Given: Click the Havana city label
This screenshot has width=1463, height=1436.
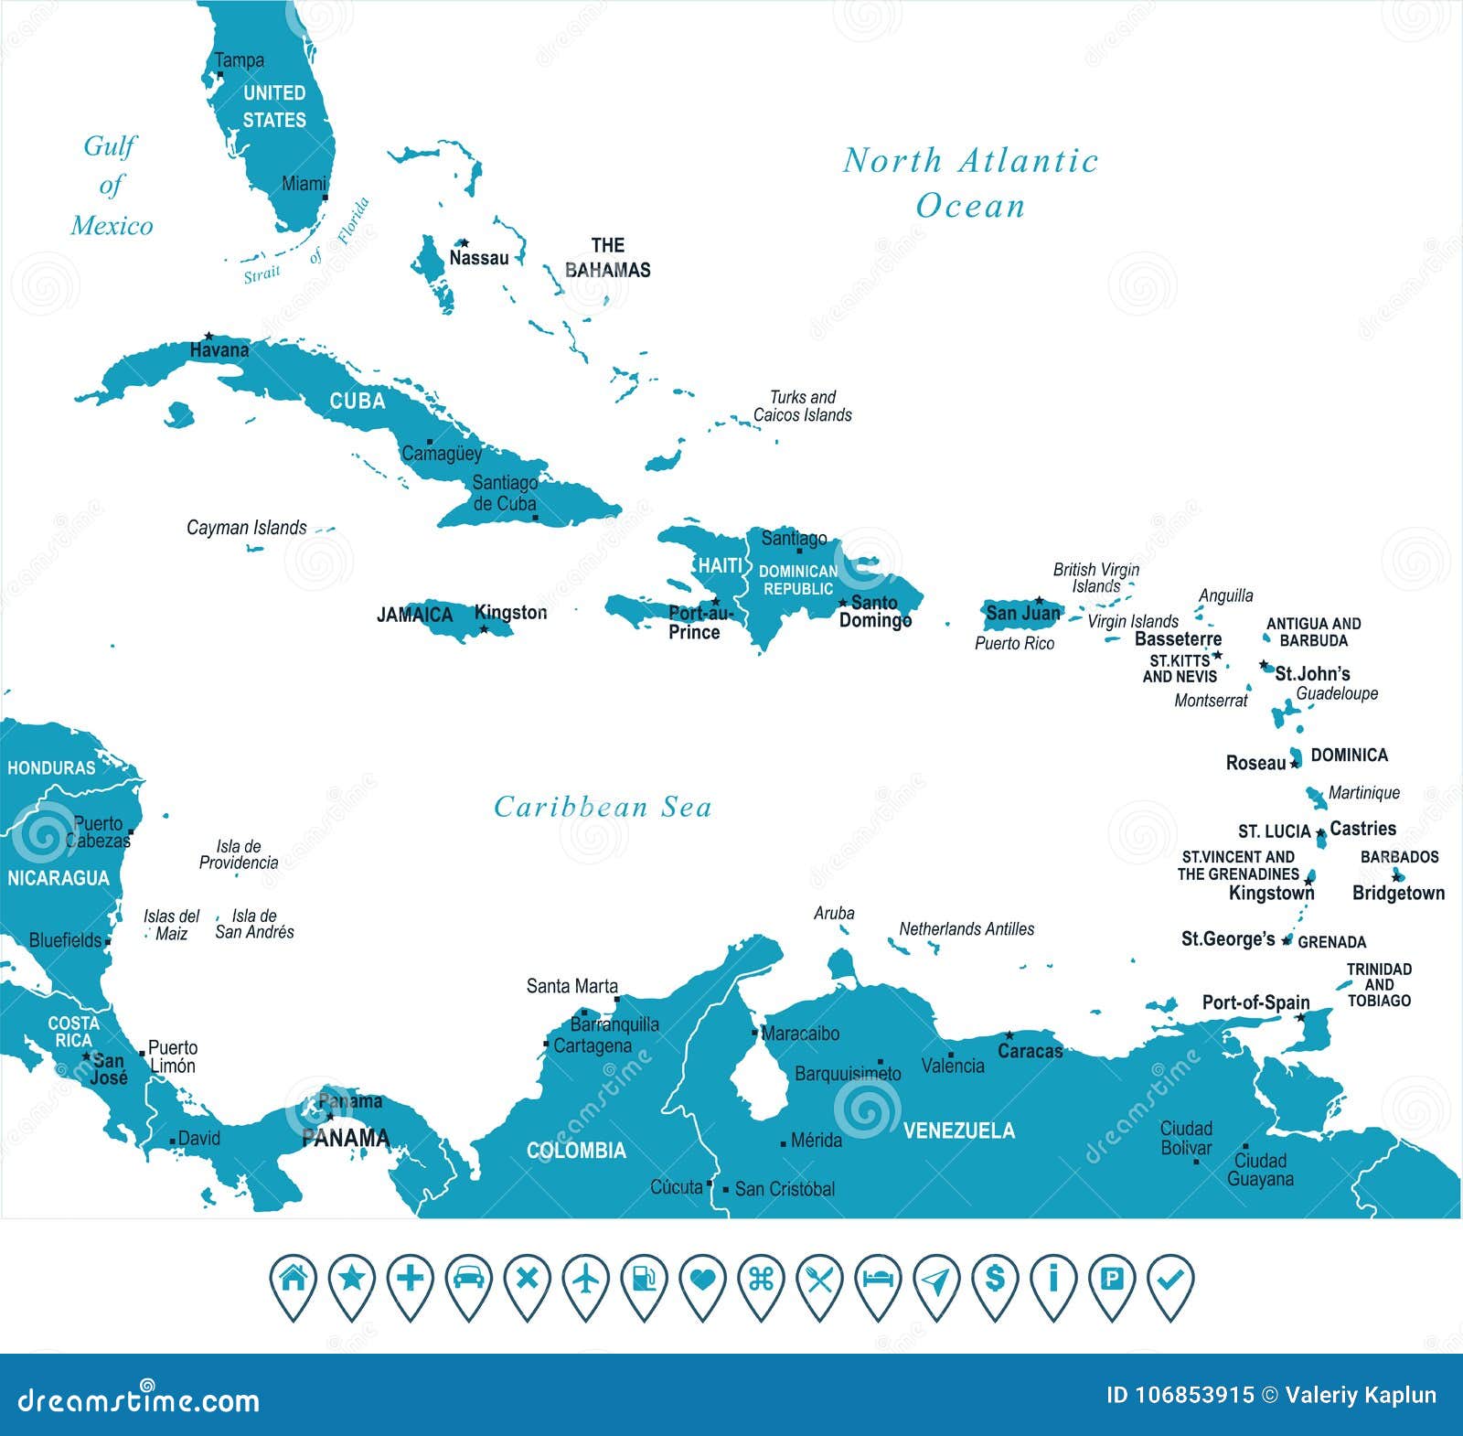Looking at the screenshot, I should pyautogui.click(x=219, y=350).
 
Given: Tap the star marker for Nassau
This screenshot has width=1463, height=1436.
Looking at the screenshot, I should pyautogui.click(x=464, y=243).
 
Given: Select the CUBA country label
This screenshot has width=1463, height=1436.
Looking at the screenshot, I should pyautogui.click(x=358, y=402).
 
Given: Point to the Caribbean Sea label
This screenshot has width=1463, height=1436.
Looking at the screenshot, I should pyautogui.click(x=603, y=807).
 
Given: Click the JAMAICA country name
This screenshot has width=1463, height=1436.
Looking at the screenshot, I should pyautogui.click(x=415, y=615).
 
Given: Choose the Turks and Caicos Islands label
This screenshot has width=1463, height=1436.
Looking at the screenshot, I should pyautogui.click(x=802, y=406).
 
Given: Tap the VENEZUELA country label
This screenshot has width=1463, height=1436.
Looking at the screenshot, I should pyautogui.click(x=959, y=1131).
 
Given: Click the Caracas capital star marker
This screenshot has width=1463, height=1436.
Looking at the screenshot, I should pyautogui.click(x=1009, y=1035).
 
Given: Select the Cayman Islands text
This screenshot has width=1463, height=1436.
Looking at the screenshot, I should pyautogui.click(x=247, y=528).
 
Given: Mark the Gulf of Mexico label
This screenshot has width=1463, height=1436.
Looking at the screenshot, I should pyautogui.click(x=112, y=186).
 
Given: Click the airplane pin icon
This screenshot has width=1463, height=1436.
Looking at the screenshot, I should pyautogui.click(x=585, y=1280).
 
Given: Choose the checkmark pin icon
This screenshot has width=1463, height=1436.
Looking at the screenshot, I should pyautogui.click(x=1169, y=1280).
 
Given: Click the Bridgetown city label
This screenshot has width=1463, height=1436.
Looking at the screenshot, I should pyautogui.click(x=1398, y=894).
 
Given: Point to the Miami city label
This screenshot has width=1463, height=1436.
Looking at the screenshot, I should pyautogui.click(x=304, y=184).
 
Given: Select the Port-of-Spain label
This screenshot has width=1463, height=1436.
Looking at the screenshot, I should pyautogui.click(x=1255, y=1002).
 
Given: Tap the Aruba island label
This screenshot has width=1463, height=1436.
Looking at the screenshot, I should pyautogui.click(x=834, y=914).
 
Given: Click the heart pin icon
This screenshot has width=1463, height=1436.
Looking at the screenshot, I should pyautogui.click(x=702, y=1281).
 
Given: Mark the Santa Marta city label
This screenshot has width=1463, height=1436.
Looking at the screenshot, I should pyautogui.click(x=571, y=986).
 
